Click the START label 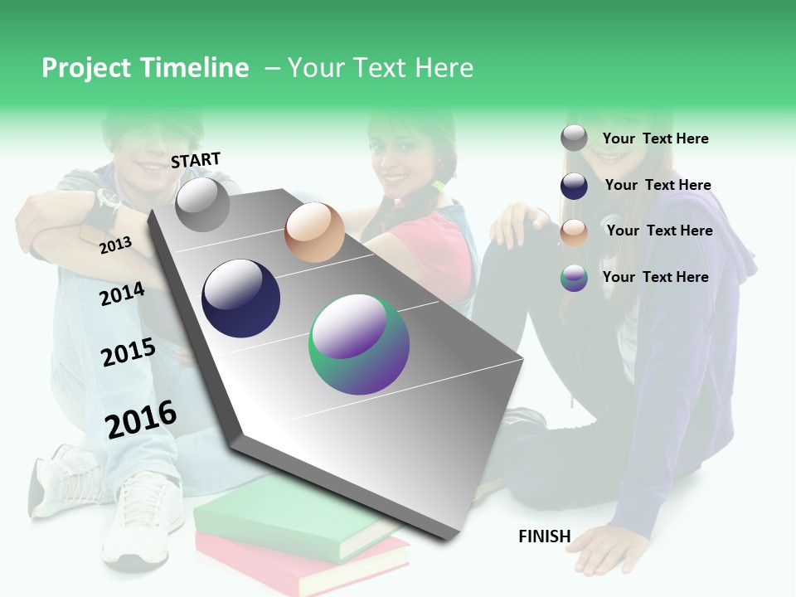[x=196, y=160]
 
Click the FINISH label [x=544, y=536]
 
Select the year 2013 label [x=115, y=245]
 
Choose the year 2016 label [x=141, y=420]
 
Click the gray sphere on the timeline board [x=202, y=204]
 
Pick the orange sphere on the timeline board [x=314, y=232]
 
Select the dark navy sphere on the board [x=240, y=298]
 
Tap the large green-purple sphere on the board [x=359, y=344]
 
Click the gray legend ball [x=574, y=138]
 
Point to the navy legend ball [x=574, y=186]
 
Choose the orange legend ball [x=574, y=231]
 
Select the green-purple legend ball [x=574, y=278]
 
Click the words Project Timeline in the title [x=145, y=68]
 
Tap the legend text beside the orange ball [x=659, y=231]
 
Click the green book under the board [x=274, y=514]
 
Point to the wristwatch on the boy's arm [x=108, y=199]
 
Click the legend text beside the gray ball [x=655, y=138]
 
